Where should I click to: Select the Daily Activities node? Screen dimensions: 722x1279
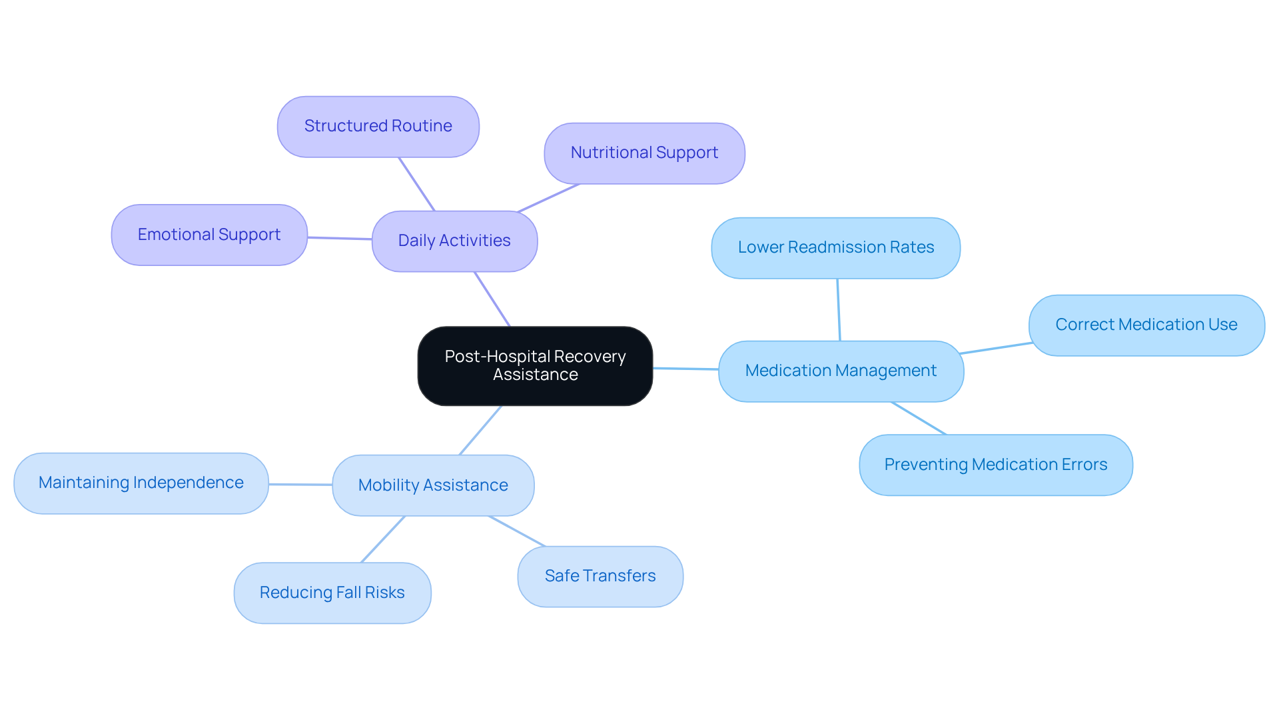click(x=454, y=241)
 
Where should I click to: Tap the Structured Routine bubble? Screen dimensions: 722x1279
click(x=378, y=126)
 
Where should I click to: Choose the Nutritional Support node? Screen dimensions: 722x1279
click(x=644, y=153)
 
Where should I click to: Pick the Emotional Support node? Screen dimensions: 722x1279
click(x=209, y=235)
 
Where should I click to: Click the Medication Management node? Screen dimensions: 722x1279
click(x=841, y=371)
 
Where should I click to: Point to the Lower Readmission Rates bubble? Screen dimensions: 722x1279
click(x=835, y=247)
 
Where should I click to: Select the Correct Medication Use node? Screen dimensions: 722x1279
click(x=1146, y=325)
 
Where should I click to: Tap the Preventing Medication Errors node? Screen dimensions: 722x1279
click(x=995, y=465)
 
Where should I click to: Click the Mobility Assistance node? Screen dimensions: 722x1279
click(x=433, y=485)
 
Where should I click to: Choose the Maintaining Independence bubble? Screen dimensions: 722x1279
click(x=141, y=483)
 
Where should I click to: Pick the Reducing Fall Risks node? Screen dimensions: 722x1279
click(x=332, y=593)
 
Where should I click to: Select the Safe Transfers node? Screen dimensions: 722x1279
click(x=600, y=576)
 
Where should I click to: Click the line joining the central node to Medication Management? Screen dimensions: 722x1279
click(x=685, y=368)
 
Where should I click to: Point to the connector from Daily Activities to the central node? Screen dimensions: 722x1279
click(x=492, y=299)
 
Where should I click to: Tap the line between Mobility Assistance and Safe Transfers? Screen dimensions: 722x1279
click(x=518, y=531)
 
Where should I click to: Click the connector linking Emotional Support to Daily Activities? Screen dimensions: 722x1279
click(x=340, y=238)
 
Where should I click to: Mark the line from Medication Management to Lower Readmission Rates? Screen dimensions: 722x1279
click(x=839, y=310)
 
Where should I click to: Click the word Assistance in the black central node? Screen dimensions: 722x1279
click(x=535, y=375)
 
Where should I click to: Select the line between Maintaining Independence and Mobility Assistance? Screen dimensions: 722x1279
click(x=300, y=484)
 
